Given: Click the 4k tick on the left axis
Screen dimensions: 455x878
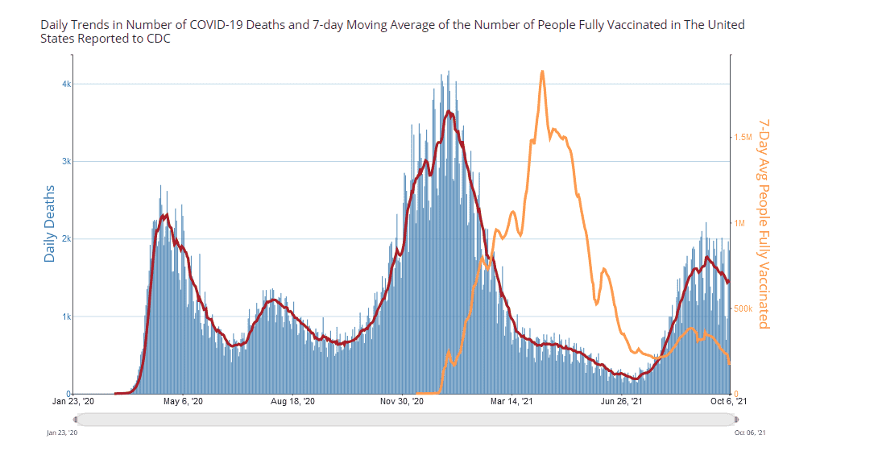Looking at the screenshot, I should click(67, 84).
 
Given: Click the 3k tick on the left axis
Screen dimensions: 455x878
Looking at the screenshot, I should click(67, 161).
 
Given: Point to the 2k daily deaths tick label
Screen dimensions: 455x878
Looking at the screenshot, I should click(67, 239).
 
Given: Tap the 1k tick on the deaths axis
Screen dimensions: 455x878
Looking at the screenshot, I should click(67, 316).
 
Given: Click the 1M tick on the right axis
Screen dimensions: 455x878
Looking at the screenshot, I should click(740, 223).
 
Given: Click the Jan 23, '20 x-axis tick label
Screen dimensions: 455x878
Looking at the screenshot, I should click(73, 401).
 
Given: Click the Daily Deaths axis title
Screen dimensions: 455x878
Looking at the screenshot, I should click(50, 224).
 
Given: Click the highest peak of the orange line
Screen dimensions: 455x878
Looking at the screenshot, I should click(542, 71).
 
